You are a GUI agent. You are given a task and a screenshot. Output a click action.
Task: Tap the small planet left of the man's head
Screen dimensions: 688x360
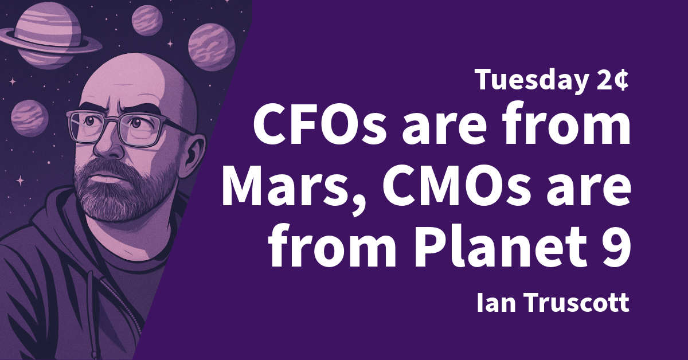tap(29, 118)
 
